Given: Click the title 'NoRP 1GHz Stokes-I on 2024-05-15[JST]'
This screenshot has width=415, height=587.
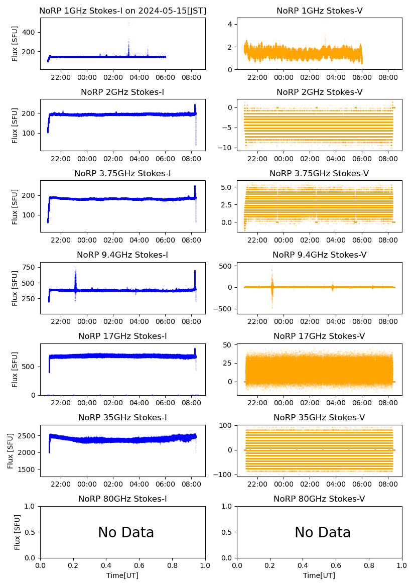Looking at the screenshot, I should tap(122, 11).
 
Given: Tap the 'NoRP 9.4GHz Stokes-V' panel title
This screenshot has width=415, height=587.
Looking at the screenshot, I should tap(319, 255).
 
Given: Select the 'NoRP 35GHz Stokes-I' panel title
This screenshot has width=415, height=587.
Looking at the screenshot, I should tap(122, 417).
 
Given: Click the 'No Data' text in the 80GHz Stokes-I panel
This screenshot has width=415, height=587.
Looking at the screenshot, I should tap(126, 532).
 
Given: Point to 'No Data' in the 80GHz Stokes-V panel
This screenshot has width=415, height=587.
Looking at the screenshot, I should tap(323, 532).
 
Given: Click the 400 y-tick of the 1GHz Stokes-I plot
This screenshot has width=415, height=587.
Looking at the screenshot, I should tap(30, 32).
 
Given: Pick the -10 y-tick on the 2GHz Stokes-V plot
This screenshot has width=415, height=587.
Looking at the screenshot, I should tap(227, 148).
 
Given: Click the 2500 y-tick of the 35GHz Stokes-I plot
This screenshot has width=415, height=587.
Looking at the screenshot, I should tap(27, 435).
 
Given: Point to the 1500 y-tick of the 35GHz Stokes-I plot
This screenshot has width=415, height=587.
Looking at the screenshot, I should tap(27, 469).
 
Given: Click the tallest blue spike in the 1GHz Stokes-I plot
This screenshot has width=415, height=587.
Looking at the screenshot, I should tap(128, 24).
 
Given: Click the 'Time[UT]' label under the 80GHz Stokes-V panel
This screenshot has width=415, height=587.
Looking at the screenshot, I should tap(319, 575).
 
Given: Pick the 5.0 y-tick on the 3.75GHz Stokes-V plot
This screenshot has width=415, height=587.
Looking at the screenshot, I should tap(227, 187).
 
